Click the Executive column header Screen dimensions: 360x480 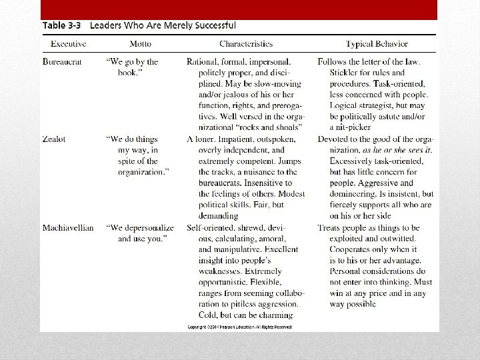pos(69,44)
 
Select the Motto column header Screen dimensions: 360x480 pos(141,44)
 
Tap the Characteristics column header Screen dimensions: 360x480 pos(246,44)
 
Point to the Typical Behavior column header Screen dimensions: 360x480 pos(376,44)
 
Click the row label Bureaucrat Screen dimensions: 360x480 pos(63,62)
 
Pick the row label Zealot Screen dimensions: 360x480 pos(55,139)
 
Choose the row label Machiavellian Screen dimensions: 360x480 pos(68,228)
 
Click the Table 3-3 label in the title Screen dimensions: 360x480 pos(63,26)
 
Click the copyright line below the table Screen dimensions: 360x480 pos(240,327)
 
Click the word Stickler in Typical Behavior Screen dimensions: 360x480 pos(346,73)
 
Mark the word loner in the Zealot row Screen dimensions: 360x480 pos(208,139)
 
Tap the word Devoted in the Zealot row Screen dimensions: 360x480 pos(337,139)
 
